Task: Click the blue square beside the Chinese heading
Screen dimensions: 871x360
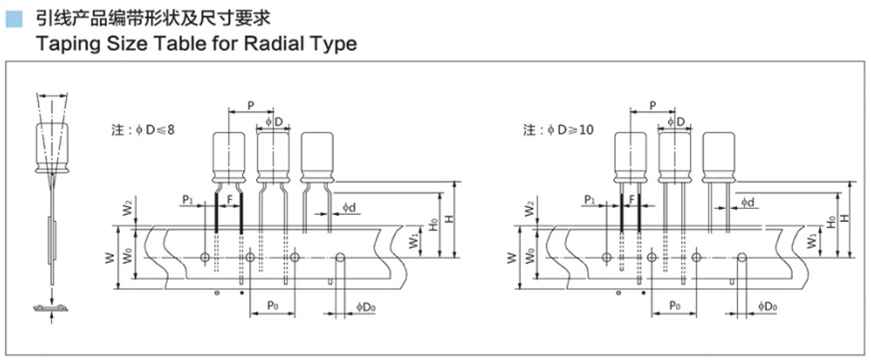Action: pos(14,21)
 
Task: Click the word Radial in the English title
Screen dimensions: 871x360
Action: pos(262,43)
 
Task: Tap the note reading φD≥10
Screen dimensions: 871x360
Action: pos(558,130)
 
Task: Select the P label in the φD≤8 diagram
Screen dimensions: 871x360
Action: pos(251,105)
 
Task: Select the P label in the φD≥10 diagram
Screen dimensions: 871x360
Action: pos(653,105)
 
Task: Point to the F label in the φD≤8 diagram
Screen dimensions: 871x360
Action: pos(229,198)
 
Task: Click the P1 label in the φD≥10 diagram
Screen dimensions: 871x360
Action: pos(589,200)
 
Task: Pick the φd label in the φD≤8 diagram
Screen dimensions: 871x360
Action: pos(349,207)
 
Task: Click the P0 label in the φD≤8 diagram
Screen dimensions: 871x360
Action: pos(272,305)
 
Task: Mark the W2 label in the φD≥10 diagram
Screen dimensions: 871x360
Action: pos(529,210)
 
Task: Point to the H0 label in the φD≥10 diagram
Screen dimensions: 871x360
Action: pos(832,223)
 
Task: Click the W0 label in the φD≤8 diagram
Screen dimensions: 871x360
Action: pos(128,256)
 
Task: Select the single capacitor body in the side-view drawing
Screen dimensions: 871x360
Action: pos(52,146)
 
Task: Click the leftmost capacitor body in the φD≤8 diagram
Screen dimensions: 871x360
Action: pos(229,158)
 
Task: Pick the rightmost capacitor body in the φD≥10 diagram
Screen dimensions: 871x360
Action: pos(719,158)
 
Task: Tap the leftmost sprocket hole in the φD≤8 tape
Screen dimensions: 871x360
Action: pos(205,257)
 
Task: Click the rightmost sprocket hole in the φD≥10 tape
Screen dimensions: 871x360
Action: pos(742,257)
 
